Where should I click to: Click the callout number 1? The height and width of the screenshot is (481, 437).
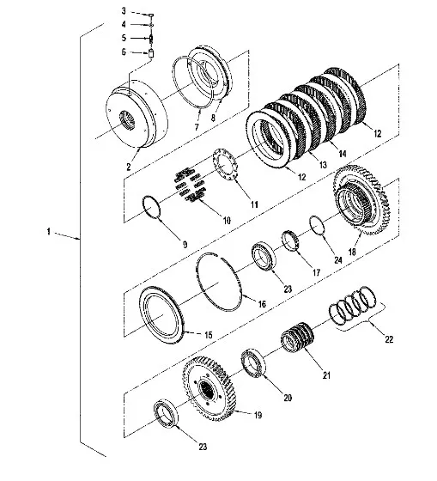point(48,232)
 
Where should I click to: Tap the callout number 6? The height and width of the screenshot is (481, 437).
point(124,52)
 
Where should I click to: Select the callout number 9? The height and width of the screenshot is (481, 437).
point(185,245)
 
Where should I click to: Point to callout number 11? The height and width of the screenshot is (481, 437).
point(254,204)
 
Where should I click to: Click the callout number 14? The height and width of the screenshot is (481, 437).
point(342,153)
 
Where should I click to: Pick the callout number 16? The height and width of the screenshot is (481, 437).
point(262,304)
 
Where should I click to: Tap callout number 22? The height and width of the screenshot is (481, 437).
point(389,339)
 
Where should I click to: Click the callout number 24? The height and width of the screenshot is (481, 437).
point(337,260)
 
